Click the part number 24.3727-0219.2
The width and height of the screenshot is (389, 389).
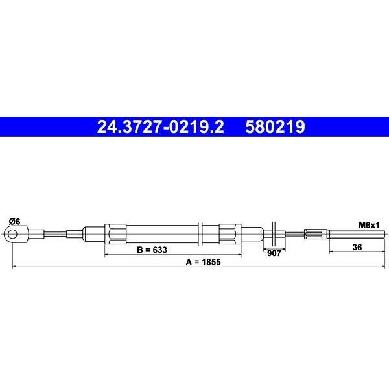click(x=160, y=126)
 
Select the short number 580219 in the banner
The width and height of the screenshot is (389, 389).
click(x=275, y=126)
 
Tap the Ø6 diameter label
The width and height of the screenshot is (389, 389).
click(x=14, y=222)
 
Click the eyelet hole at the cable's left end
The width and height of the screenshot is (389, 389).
click(x=12, y=234)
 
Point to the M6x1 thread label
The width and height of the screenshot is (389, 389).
click(x=369, y=225)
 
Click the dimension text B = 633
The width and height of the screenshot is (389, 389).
click(x=152, y=250)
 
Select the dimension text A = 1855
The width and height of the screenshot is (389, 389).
click(x=203, y=262)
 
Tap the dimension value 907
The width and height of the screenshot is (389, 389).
click(x=274, y=253)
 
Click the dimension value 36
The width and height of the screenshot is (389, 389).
click(x=357, y=247)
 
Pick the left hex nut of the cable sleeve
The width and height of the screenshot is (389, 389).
click(x=115, y=234)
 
